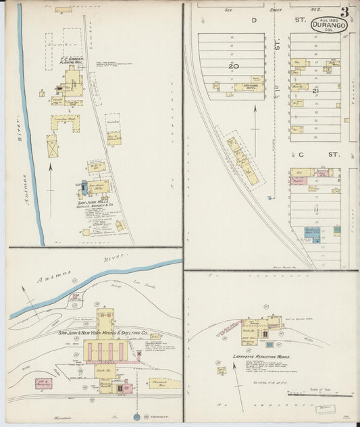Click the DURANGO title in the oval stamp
(329, 25)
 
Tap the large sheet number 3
(345, 11)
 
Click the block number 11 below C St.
(315, 211)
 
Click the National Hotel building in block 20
(247, 87)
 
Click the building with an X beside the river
(52, 145)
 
